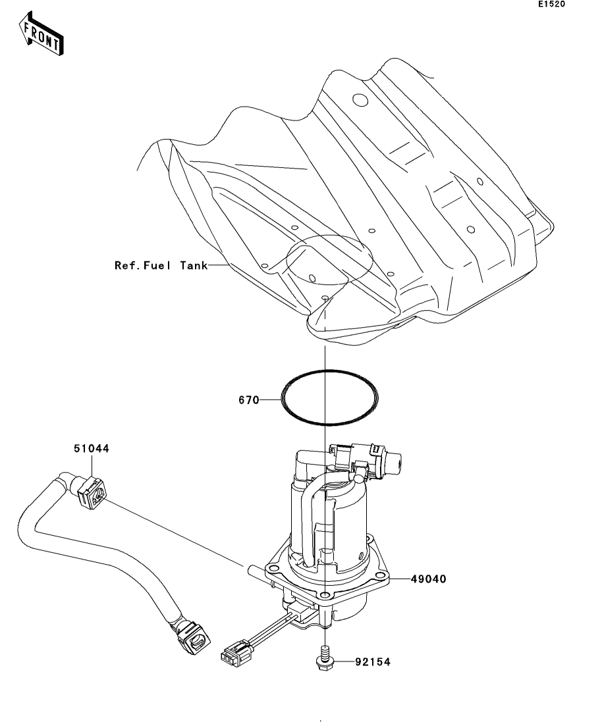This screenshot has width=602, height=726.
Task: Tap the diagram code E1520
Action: [551, 4]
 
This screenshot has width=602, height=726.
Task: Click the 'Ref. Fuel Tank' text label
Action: [161, 265]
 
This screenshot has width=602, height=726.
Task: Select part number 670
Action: [249, 400]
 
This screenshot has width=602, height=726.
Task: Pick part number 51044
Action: [92, 448]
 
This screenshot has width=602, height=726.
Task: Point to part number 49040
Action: [429, 579]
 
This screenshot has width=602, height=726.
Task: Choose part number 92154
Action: [373, 662]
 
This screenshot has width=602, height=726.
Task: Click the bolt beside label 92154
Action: [325, 659]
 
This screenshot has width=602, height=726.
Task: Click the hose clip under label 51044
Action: [92, 494]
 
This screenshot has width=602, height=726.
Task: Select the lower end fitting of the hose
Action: [192, 638]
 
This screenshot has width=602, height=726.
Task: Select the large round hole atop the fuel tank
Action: [360, 99]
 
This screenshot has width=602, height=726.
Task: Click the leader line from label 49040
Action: [400, 579]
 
